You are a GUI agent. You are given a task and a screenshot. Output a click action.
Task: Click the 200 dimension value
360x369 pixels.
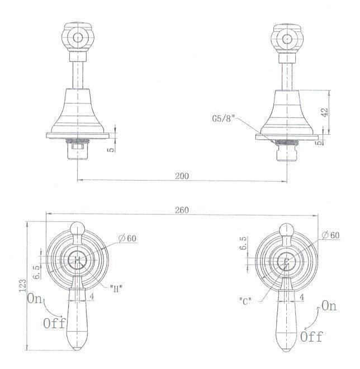click(181, 175)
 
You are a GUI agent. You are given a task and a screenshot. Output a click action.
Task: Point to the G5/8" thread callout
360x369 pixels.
click(224, 119)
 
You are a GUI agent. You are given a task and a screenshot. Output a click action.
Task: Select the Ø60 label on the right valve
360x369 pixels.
click(330, 235)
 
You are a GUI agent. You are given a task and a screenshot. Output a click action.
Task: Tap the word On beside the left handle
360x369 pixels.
click(35, 299)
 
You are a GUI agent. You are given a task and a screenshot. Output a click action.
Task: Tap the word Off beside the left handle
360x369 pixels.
click(54, 323)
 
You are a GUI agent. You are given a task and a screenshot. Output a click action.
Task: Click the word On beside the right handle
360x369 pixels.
click(329, 306)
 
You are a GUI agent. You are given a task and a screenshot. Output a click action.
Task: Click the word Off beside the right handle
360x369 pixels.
click(311, 337)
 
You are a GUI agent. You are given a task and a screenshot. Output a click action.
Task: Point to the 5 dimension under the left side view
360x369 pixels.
click(112, 149)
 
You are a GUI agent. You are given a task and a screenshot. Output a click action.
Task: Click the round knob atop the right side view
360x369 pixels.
click(288, 38)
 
